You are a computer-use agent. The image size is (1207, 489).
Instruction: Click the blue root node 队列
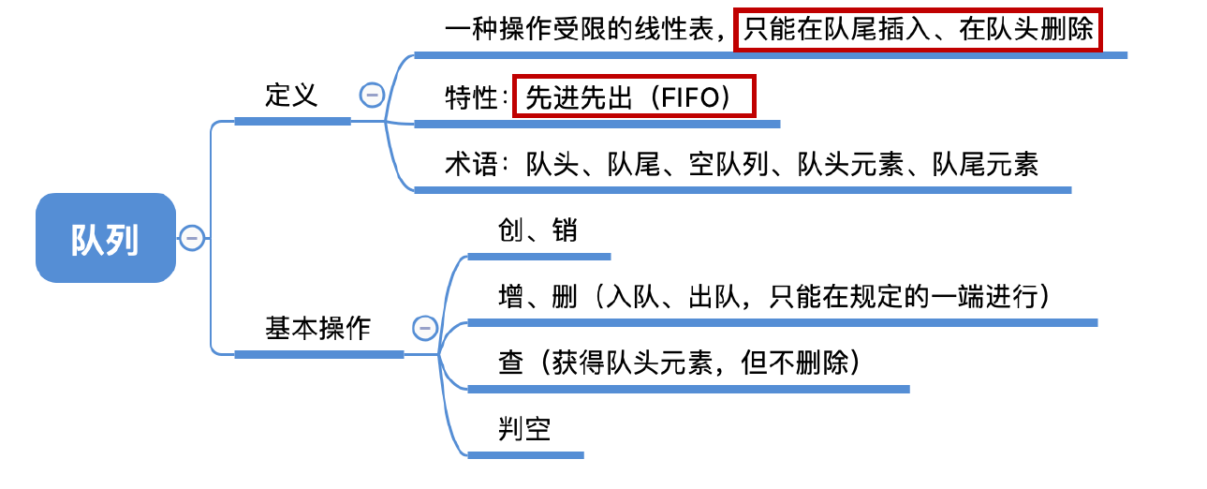[106, 238]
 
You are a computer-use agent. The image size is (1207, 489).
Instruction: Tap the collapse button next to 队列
[192, 238]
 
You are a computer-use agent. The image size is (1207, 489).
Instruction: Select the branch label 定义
[291, 96]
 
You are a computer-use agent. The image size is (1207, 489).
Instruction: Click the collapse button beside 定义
[372, 95]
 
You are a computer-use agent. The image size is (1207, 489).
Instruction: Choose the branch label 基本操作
[318, 329]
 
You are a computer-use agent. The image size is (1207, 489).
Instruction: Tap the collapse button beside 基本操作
[424, 328]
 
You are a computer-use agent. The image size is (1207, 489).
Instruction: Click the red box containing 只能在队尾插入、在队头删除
[918, 30]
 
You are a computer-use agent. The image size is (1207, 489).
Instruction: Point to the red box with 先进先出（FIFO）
[634, 96]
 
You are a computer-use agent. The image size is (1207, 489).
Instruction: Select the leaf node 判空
[524, 430]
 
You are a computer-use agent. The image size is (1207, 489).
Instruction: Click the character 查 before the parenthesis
[511, 363]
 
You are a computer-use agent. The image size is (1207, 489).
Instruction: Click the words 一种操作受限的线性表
[580, 30]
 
